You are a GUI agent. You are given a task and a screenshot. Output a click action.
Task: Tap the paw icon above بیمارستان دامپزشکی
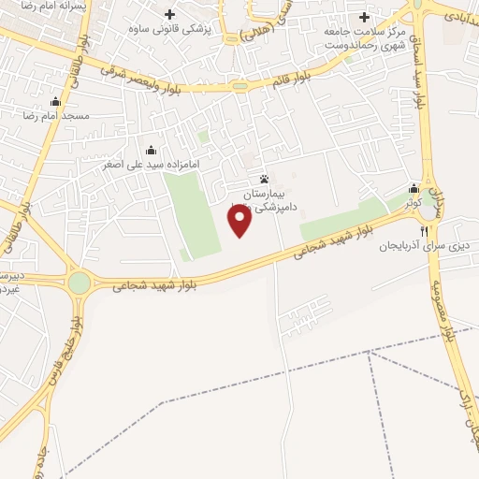tap(265, 179)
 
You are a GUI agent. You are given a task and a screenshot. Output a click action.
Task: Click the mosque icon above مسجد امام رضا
tap(55, 102)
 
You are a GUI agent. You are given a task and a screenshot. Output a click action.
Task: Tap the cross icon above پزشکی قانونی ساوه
tap(169, 15)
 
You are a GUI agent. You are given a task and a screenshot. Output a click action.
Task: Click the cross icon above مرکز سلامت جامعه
tap(364, 17)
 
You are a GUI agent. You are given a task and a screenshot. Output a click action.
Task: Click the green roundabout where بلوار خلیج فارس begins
tap(80, 281)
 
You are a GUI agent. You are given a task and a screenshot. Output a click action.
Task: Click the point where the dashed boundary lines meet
tap(370, 355)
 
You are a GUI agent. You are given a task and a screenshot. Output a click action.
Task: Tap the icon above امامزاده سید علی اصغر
tap(152, 150)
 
